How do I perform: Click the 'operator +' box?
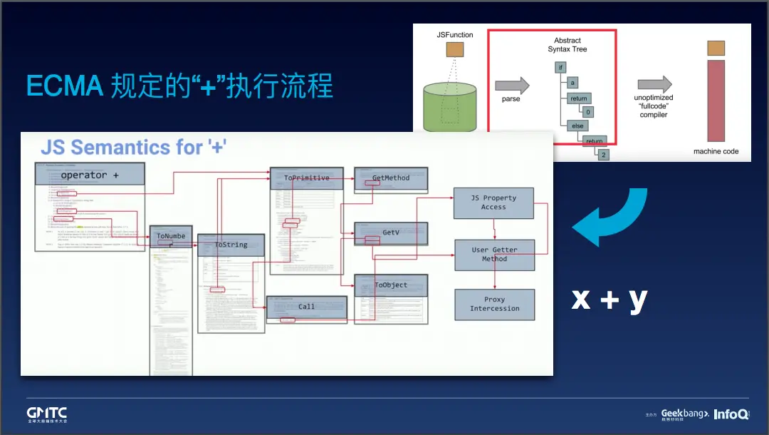coord(90,175)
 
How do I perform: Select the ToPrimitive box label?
coord(307,178)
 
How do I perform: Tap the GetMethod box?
coord(391,178)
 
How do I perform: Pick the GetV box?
coord(391,233)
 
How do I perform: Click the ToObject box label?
coord(391,285)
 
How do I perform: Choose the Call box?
coord(306,307)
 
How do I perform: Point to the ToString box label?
coord(231,245)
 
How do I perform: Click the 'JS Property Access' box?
coord(493,203)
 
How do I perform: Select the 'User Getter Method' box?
coord(494,255)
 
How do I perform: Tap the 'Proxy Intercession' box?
coord(494,304)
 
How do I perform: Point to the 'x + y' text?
coord(610,299)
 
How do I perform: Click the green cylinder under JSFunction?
coord(450,107)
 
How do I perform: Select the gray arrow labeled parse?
coord(512,86)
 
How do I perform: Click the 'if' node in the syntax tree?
coord(561,67)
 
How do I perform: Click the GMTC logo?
coord(47,414)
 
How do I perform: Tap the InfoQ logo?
coord(731,414)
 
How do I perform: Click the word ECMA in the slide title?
coord(65,86)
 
